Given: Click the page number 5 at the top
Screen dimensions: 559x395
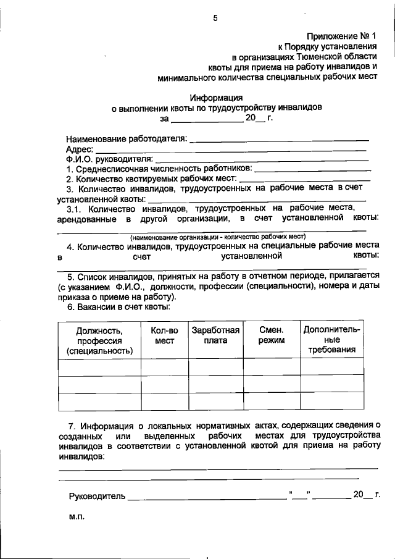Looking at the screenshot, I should tap(216, 18).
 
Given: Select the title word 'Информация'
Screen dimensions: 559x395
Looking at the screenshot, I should tap(216, 97).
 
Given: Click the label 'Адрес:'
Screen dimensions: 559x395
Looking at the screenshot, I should tap(79, 149).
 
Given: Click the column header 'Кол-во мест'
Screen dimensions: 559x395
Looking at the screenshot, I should tap(165, 335).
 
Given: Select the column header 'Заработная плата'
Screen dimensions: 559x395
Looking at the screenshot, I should tap(215, 335).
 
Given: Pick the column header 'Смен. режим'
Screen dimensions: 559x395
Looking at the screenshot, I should tap(272, 335).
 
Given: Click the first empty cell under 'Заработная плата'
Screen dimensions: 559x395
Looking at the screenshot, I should tap(215, 366).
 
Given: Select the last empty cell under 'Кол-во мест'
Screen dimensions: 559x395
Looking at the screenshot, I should tap(165, 401).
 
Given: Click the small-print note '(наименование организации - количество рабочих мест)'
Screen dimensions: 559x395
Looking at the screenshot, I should tap(217, 237).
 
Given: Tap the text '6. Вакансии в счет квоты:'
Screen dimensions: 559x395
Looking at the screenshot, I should tap(118, 306).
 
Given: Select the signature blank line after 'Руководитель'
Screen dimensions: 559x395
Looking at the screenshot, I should tap(204, 497).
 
